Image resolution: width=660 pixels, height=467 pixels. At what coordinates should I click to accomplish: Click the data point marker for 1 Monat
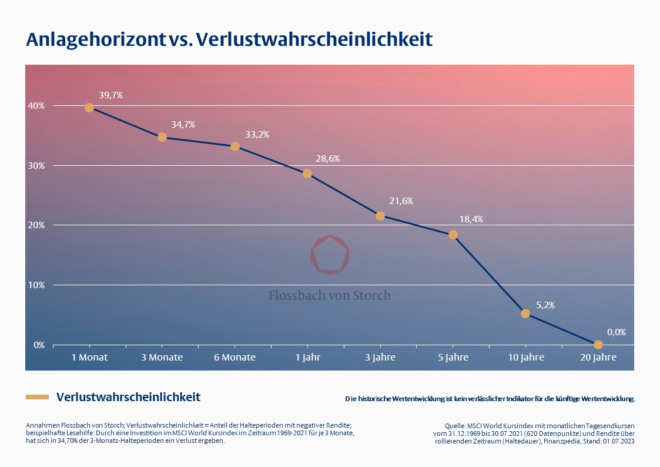click(x=89, y=108)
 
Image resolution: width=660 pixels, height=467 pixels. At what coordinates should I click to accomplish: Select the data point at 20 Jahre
click(x=598, y=345)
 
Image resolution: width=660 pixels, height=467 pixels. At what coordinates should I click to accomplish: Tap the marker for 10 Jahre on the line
click(x=525, y=313)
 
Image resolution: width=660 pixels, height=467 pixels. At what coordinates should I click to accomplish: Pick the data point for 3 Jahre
click(x=380, y=216)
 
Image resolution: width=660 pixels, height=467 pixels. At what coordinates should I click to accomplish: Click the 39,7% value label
click(x=110, y=95)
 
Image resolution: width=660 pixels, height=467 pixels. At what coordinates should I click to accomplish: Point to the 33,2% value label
click(x=257, y=135)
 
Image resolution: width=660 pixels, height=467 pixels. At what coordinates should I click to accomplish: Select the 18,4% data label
click(x=471, y=219)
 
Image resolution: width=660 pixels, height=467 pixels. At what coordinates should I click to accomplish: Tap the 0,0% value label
click(x=616, y=332)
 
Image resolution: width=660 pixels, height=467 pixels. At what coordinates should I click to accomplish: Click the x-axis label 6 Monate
click(x=234, y=358)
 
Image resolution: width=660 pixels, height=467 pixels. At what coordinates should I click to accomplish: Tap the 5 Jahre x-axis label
click(x=453, y=358)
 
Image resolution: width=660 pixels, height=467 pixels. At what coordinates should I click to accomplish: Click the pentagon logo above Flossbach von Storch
click(x=330, y=255)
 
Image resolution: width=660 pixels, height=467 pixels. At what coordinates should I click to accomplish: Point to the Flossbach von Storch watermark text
click(x=330, y=295)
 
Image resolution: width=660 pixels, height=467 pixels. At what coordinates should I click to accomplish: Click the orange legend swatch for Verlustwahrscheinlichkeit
click(x=37, y=398)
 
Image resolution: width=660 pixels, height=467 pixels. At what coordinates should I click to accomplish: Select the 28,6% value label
click(x=327, y=159)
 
